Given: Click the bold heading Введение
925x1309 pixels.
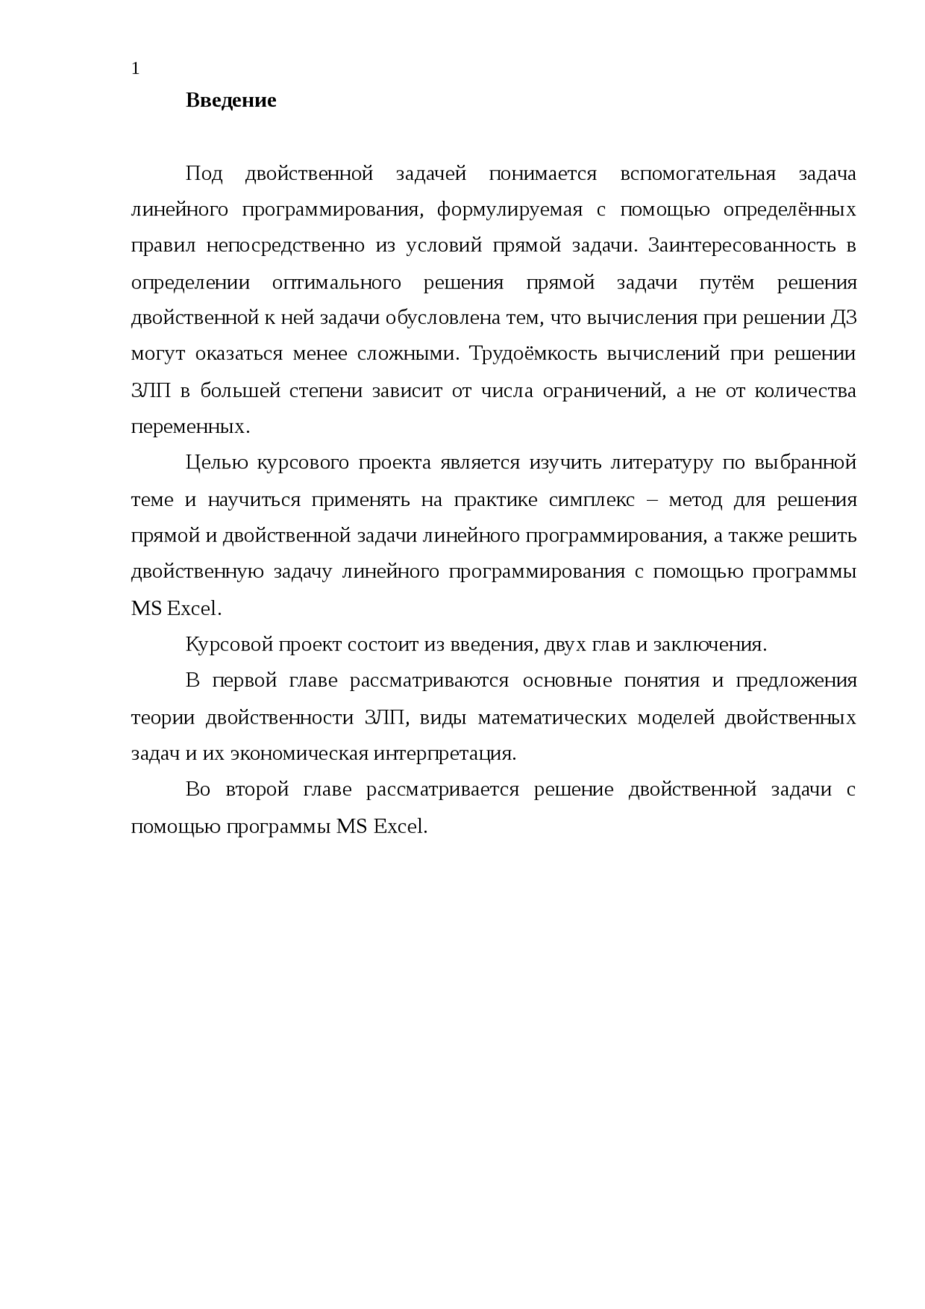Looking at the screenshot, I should pyautogui.click(x=231, y=100).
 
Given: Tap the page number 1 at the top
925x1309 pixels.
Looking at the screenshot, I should pyautogui.click(x=135, y=69).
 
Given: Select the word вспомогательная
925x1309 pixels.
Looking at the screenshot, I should pyautogui.click(x=697, y=174).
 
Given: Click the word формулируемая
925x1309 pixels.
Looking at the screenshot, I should pyautogui.click(x=509, y=210).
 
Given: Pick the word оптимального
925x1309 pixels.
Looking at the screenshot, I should pyautogui.click(x=336, y=283).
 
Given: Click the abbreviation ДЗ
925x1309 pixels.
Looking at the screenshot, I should pyautogui.click(x=843, y=319).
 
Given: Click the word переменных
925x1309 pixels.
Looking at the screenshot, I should pyautogui.click(x=189, y=428).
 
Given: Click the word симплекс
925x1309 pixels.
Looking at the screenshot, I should pyautogui.click(x=591, y=500).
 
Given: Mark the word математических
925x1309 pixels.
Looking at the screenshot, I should pyautogui.click(x=552, y=718).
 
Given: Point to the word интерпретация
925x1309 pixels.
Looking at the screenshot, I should pyautogui.click(x=444, y=755).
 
